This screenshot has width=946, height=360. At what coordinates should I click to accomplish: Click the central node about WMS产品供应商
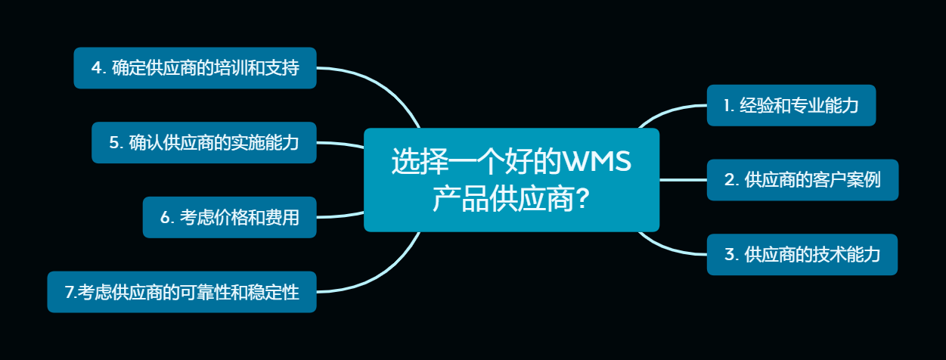tap(511, 180)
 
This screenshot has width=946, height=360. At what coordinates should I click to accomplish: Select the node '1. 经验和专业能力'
tap(791, 105)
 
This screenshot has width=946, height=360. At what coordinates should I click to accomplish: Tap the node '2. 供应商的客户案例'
tap(802, 180)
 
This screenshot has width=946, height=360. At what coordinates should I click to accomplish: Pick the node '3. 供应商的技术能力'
tap(802, 255)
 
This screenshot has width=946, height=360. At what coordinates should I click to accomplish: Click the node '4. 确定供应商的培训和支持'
tap(195, 68)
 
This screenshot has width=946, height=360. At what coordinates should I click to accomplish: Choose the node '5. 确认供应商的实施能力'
tap(204, 142)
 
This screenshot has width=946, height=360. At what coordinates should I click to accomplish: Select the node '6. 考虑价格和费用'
tap(229, 217)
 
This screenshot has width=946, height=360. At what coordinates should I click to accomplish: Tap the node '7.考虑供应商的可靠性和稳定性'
tap(181, 292)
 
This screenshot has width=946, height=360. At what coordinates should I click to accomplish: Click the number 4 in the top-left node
tap(97, 68)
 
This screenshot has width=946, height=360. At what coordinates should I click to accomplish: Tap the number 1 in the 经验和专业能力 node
tap(727, 106)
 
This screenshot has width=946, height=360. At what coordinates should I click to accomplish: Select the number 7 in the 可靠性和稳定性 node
tap(70, 293)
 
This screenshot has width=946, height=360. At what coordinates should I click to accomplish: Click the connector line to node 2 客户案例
tap(683, 180)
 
